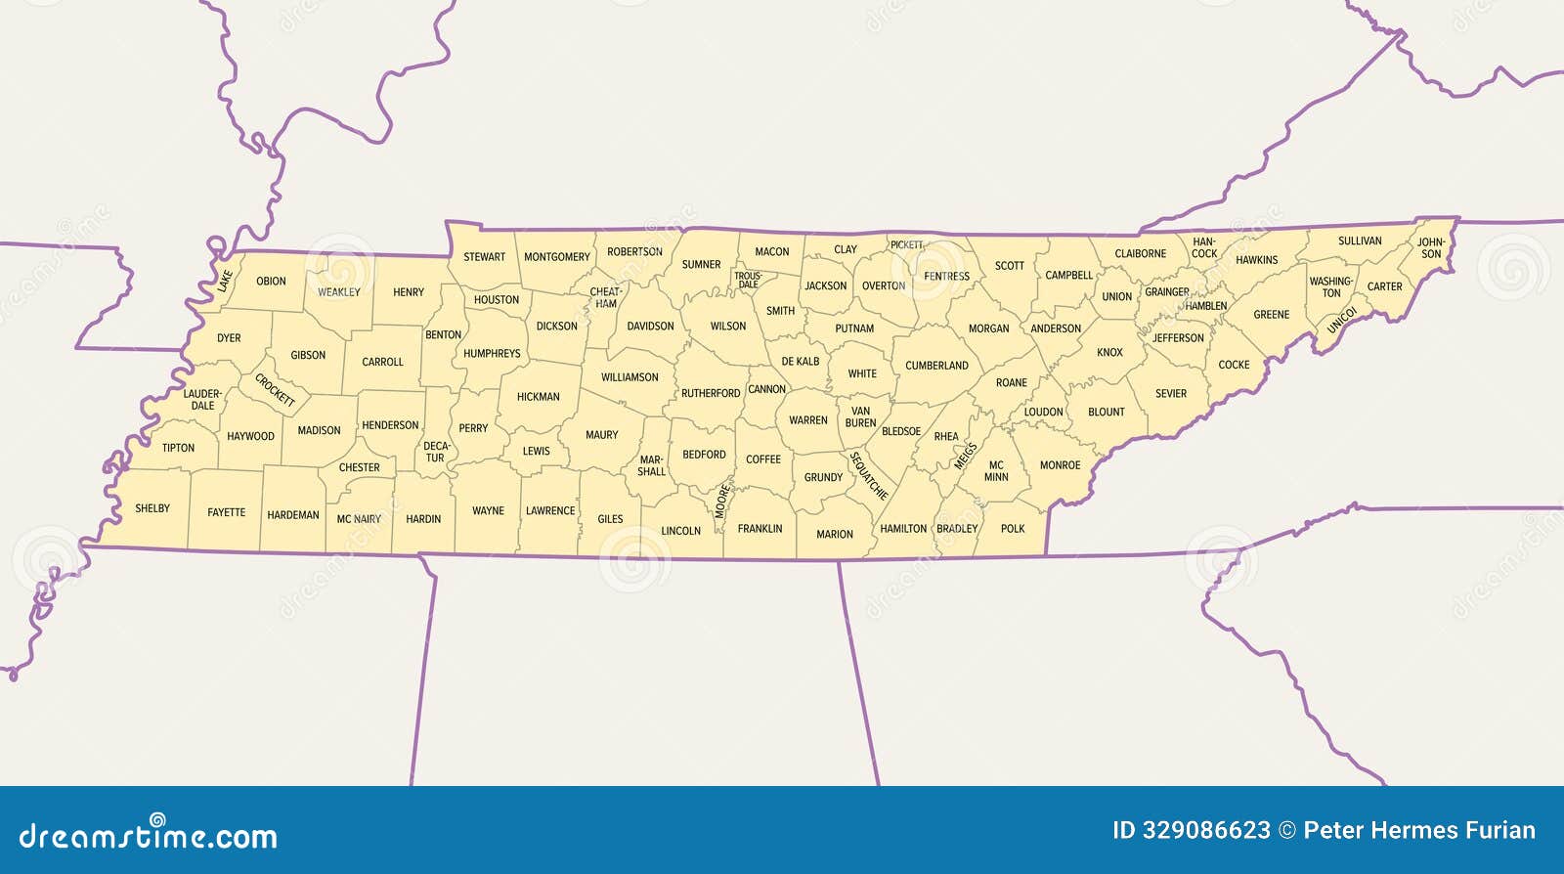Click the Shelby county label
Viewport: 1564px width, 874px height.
(152, 508)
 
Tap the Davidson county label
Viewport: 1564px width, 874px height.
(650, 327)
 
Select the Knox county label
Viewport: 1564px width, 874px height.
(1109, 353)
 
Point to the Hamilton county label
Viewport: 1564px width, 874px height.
(903, 529)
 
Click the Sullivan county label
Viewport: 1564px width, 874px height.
(1360, 241)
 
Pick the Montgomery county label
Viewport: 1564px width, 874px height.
(557, 257)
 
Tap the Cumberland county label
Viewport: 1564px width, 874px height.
(936, 366)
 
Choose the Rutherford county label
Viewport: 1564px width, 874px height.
(711, 393)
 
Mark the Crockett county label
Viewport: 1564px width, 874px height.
(275, 389)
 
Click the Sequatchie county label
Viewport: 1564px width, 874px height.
(868, 476)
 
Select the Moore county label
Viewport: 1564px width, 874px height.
(722, 501)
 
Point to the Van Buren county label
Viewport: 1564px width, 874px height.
(860, 417)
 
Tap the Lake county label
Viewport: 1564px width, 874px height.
(226, 282)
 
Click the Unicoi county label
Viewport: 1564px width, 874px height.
(1341, 321)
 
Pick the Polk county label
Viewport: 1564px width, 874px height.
(1013, 529)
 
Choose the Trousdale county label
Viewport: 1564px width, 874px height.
(748, 281)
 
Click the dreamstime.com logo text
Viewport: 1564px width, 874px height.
(149, 836)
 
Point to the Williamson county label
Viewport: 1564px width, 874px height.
(630, 377)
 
